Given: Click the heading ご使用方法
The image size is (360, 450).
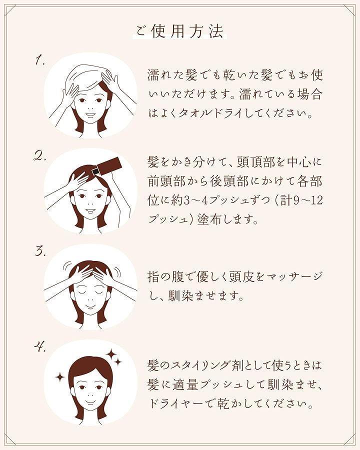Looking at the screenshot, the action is click(179, 31).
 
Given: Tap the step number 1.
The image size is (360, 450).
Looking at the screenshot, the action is click(40, 60).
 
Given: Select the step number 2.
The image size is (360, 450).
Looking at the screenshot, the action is click(40, 156).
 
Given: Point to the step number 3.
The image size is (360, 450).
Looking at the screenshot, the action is click(39, 251).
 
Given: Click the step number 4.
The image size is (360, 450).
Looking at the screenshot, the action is click(40, 347).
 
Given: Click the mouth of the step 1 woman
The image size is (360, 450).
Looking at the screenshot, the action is click(91, 115).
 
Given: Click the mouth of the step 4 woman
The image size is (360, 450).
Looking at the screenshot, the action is click(90, 401).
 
